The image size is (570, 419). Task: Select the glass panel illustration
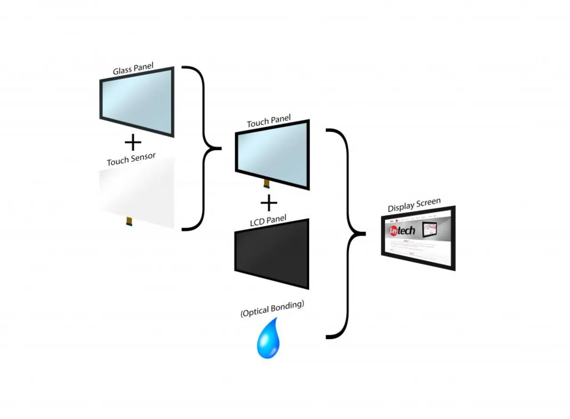pos(137,102)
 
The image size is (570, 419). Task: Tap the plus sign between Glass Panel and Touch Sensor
pos(133,143)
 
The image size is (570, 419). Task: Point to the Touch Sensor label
pos(131,158)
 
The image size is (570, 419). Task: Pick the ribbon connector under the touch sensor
pos(129,220)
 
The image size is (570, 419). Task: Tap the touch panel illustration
pos(272,154)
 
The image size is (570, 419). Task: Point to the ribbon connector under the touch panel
pos(267,183)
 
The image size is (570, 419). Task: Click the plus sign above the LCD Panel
pos(269,203)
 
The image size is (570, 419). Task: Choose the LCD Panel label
pos(268,221)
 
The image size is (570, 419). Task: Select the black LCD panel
pos(272,254)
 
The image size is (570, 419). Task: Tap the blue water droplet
pos(269,340)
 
